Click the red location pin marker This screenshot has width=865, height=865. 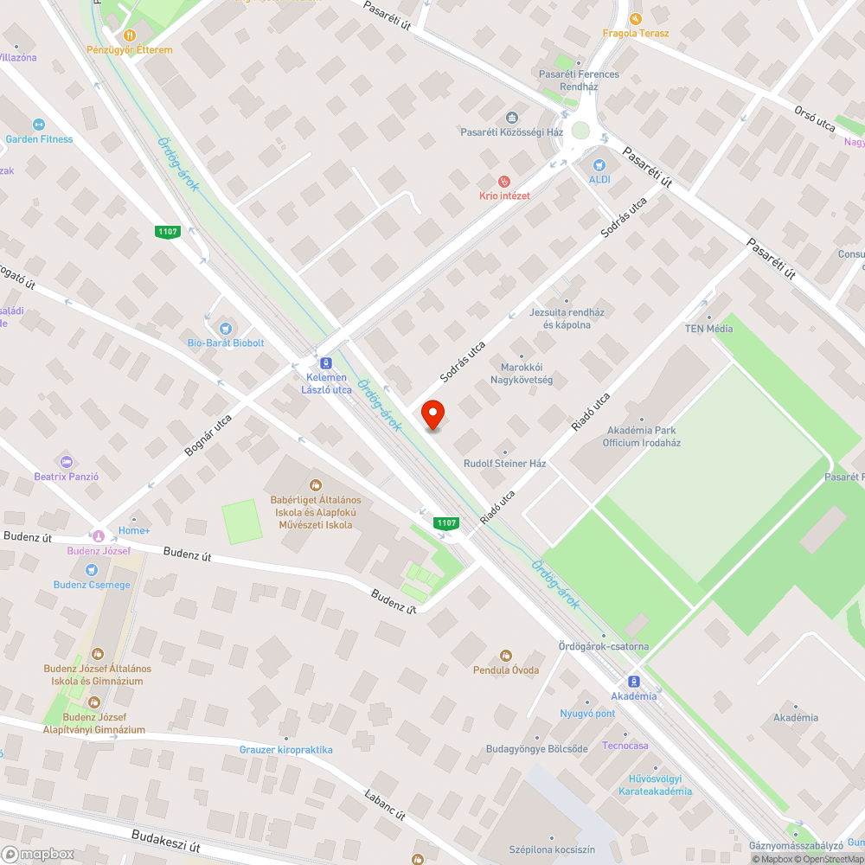(x=432, y=414)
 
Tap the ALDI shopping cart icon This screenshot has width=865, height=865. (x=599, y=165)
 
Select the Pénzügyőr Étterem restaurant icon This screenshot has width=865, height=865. (x=129, y=35)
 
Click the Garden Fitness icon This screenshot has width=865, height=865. (x=39, y=125)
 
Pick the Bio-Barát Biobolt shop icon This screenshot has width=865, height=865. (x=226, y=328)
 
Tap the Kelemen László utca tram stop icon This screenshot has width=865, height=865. (x=326, y=363)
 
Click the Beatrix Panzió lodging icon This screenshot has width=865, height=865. (x=67, y=462)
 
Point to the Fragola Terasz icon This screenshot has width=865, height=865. (x=636, y=19)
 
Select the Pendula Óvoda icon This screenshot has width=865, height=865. (x=506, y=656)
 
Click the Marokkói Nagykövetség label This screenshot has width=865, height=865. (x=522, y=373)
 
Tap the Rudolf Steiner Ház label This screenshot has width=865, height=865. (x=505, y=464)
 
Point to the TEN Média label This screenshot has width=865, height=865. (x=708, y=329)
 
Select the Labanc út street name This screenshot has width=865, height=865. (x=385, y=804)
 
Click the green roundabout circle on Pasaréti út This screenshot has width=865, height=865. (x=580, y=131)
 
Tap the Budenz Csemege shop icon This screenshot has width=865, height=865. (x=92, y=570)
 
